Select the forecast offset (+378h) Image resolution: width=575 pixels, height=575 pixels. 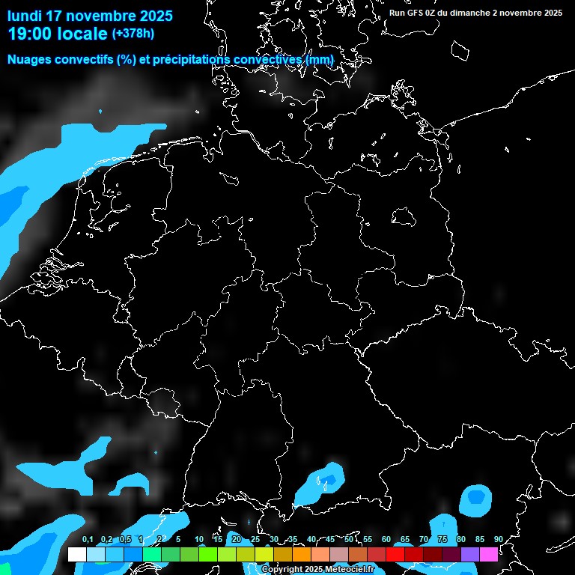click(133, 33)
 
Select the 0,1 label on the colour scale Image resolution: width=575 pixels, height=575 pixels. click(88, 540)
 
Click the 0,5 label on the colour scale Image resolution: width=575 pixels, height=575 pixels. click(125, 540)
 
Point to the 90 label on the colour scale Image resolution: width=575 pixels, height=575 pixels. click(498, 540)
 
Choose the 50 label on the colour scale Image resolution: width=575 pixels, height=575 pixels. click(349, 540)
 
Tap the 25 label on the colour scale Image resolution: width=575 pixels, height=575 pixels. click(255, 540)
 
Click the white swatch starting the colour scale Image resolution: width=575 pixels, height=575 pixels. click(77, 554)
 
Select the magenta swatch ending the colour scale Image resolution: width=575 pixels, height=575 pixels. click(488, 554)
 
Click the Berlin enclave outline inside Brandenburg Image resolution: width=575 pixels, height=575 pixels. click(404, 216)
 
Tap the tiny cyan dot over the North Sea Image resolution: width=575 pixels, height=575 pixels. click(100, 112)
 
